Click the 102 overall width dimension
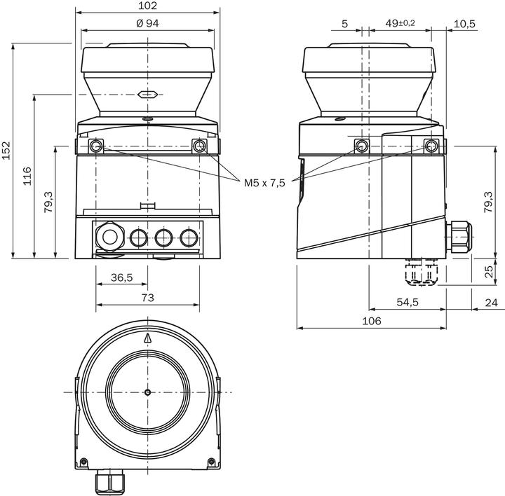pyautogui.click(x=148, y=6)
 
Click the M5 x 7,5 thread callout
pyautogui.click(x=264, y=183)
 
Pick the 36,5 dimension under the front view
pyautogui.click(x=121, y=278)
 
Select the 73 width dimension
pyautogui.click(x=147, y=298)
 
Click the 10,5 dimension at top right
pyautogui.click(x=464, y=23)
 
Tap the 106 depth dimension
pyautogui.click(x=371, y=320)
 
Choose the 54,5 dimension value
pyautogui.click(x=408, y=302)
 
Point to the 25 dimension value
pyautogui.click(x=489, y=272)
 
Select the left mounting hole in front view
pyautogui.click(x=96, y=146)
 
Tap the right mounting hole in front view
pyautogui.click(x=199, y=146)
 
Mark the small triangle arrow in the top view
pyautogui.click(x=147, y=338)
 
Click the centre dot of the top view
pyautogui.click(x=147, y=392)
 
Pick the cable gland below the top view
pyautogui.click(x=110, y=483)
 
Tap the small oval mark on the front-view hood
pyautogui.click(x=147, y=93)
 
